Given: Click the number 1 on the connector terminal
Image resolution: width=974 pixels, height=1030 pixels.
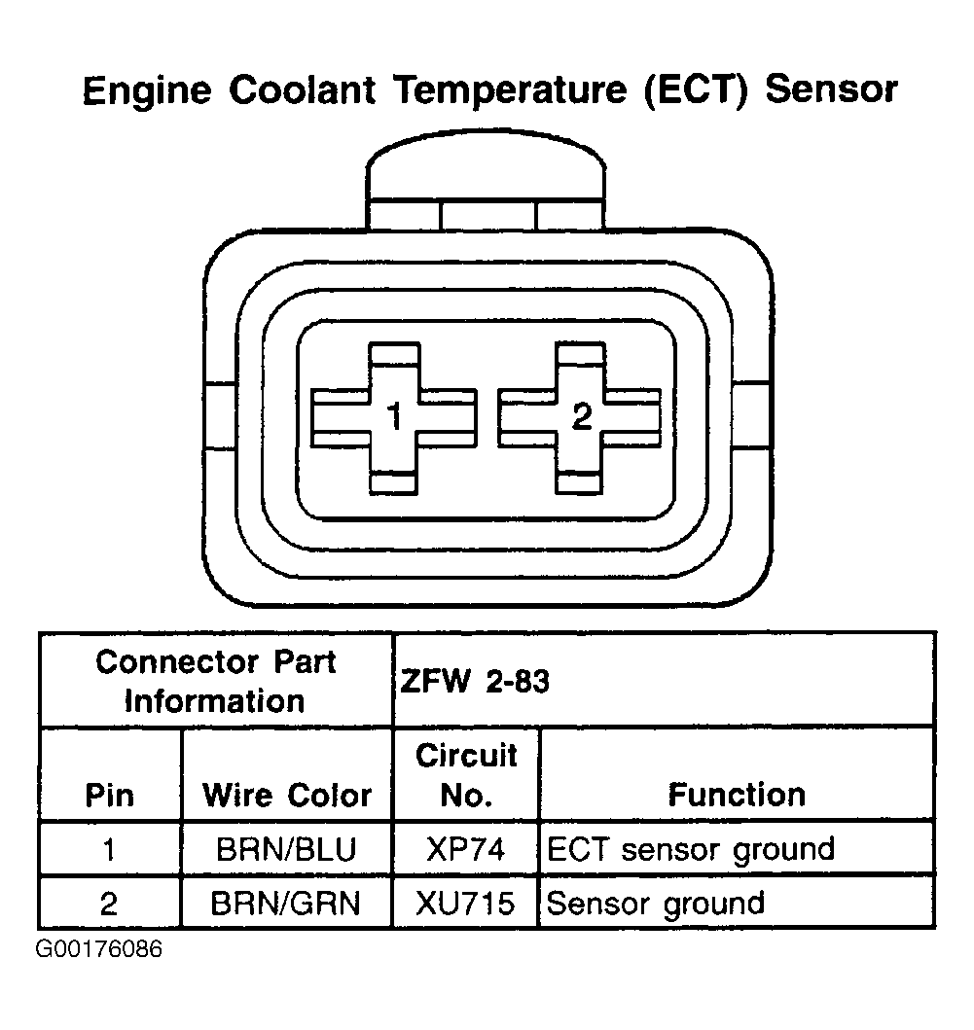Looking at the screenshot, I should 394,417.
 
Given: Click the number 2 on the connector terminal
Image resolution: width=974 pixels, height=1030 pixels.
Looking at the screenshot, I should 581,417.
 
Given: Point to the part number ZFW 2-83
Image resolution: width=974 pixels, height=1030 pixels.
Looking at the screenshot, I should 475,681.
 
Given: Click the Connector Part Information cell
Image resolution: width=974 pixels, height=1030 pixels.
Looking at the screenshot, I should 215,681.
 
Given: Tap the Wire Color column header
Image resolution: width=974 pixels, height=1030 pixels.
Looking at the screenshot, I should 287,796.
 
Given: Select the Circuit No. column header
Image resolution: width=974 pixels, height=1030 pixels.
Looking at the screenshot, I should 466,775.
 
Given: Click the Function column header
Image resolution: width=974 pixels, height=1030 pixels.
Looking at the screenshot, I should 737,796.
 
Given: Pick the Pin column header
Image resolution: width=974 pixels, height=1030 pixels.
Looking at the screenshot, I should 110,796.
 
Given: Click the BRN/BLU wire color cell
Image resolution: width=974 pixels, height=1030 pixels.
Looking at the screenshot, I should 287,849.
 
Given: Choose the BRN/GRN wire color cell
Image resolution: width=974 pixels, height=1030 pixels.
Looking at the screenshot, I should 287,904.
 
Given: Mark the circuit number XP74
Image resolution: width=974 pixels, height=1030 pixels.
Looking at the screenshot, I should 466,849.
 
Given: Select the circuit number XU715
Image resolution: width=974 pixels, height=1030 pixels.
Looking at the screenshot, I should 466,904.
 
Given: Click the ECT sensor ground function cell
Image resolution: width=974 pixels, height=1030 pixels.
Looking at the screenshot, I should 691,849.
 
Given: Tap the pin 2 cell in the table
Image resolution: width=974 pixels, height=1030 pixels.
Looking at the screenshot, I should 109,904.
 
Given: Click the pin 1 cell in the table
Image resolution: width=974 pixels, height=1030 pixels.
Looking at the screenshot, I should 109,849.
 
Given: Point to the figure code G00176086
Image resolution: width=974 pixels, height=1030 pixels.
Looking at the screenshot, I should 99,948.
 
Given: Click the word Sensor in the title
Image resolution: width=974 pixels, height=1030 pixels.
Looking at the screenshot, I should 832,90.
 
